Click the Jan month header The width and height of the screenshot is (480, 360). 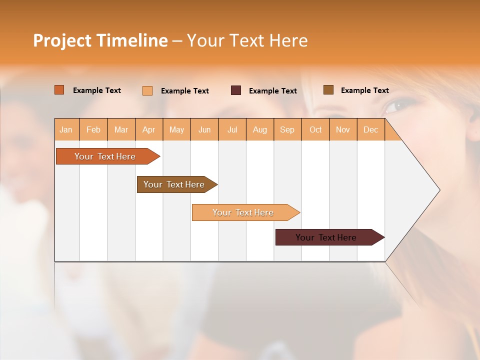tap(66, 129)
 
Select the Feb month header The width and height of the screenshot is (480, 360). tap(93, 129)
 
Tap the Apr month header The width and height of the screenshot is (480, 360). tap(149, 129)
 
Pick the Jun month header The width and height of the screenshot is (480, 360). tap(204, 129)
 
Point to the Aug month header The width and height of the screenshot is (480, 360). tap(260, 129)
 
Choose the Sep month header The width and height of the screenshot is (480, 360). tap(287, 129)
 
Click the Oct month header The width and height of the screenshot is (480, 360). tap(315, 129)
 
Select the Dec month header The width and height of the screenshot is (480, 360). tap(371, 129)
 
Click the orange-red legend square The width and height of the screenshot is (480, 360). tap(59, 90)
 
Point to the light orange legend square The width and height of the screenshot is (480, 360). tap(147, 90)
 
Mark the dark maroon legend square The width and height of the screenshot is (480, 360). tap(236, 90)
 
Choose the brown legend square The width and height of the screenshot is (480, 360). tap(328, 90)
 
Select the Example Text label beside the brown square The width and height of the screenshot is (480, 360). tap(364, 90)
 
